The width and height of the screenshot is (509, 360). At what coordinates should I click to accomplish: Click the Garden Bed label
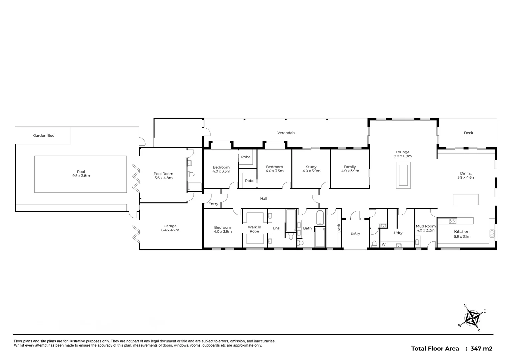click(x=44, y=136)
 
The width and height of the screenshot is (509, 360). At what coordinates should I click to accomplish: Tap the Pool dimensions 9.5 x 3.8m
click(x=81, y=176)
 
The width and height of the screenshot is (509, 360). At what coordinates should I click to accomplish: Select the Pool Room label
click(x=163, y=174)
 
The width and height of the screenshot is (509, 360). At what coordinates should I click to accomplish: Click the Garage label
click(x=170, y=226)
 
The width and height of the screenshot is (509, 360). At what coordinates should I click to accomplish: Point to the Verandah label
click(x=286, y=133)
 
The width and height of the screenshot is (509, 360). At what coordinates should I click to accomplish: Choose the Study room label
click(x=311, y=167)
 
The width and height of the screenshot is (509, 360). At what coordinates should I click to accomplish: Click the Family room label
click(x=350, y=167)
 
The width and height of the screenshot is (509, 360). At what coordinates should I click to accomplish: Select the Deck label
click(x=468, y=133)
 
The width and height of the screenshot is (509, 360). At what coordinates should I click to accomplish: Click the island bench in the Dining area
click(x=465, y=199)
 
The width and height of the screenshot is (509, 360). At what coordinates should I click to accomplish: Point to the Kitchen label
click(x=462, y=232)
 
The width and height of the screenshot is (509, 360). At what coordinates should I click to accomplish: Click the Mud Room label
click(x=425, y=226)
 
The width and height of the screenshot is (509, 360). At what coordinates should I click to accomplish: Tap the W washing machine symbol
click(x=383, y=244)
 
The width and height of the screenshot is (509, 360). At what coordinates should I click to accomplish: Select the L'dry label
click(x=398, y=233)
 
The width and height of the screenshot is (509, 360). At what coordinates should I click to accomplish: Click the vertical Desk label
click(x=339, y=228)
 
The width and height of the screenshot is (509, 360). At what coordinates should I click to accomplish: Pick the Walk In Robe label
click(x=254, y=229)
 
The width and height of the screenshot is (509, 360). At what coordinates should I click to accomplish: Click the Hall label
click(x=263, y=199)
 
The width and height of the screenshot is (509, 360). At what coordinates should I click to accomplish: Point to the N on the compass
click(x=465, y=305)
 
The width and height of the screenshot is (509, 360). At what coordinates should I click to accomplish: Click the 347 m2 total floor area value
click(x=481, y=349)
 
